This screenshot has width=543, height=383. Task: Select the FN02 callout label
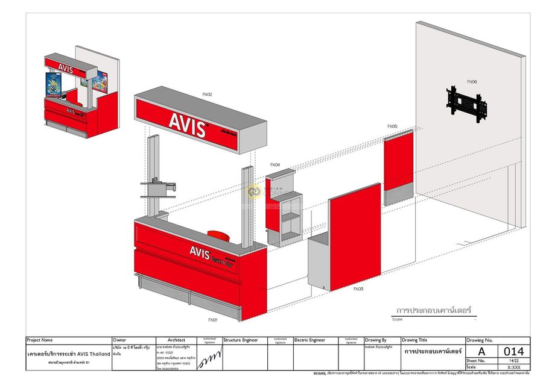click(x=207, y=95)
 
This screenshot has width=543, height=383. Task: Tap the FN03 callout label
click(x=358, y=289)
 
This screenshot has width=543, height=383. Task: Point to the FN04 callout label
click(x=275, y=164)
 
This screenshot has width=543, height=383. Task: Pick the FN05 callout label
click(x=392, y=126)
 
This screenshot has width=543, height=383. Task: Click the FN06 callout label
click(x=472, y=82)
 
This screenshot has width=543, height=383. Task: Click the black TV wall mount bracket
click(x=466, y=102)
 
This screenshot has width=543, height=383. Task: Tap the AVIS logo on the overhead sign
click(x=187, y=124)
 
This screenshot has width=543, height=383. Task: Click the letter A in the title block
click(x=481, y=351)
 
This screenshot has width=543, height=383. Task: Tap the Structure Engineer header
click(x=241, y=340)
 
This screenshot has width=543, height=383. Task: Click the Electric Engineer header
click(x=310, y=340)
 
